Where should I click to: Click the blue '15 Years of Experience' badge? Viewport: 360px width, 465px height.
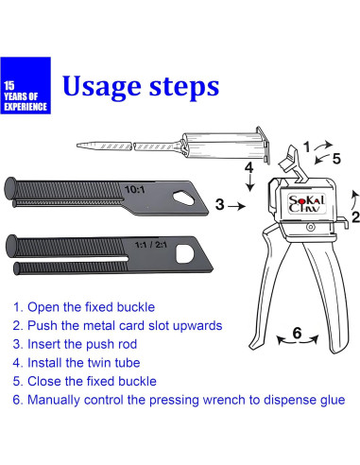click(x=26, y=85)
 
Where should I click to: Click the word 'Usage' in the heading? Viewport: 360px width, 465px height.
click(x=101, y=87)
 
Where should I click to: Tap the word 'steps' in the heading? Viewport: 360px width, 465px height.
click(x=184, y=87)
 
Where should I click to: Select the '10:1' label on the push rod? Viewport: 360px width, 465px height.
click(x=135, y=190)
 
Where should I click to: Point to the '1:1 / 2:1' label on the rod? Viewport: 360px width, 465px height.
click(x=151, y=245)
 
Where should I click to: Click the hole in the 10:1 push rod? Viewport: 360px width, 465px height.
click(x=183, y=198)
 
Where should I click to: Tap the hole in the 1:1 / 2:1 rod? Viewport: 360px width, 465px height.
click(x=184, y=254)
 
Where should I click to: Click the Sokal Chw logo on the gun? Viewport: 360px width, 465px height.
click(x=306, y=203)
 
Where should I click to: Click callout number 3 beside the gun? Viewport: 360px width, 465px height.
click(x=220, y=204)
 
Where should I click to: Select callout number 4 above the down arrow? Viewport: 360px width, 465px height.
click(x=249, y=167)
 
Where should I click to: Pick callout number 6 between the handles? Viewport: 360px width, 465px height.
click(x=297, y=333)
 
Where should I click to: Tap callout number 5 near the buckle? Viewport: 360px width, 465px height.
click(x=336, y=159)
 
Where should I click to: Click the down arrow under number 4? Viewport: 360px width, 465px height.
click(x=250, y=183)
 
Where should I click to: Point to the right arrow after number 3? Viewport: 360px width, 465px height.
click(x=236, y=206)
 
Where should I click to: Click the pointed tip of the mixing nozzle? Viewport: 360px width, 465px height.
click(x=77, y=146)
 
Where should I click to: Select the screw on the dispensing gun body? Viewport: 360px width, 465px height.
click(x=311, y=227)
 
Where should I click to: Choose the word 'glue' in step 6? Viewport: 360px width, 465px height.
click(x=334, y=401)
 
